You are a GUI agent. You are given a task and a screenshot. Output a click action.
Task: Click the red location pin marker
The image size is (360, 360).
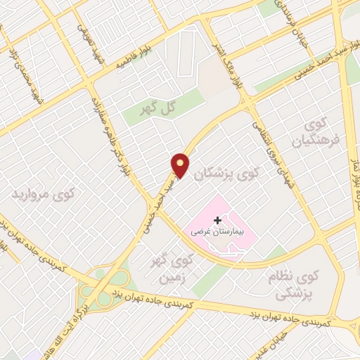click(181, 165)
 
